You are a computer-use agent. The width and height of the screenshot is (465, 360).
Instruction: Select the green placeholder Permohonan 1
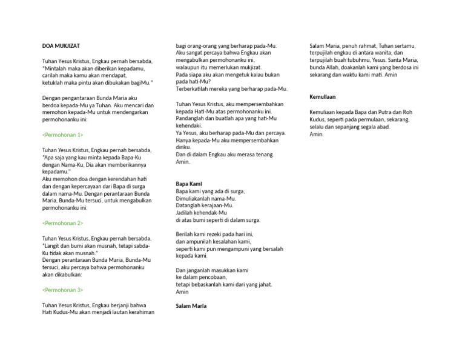[x=63, y=135]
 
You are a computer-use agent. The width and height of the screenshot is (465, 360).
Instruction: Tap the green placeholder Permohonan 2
[x=63, y=223]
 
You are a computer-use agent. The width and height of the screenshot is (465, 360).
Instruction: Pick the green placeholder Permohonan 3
[x=63, y=290]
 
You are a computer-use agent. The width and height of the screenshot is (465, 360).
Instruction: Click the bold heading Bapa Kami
[x=188, y=184]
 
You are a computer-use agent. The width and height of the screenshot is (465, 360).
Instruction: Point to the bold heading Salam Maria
[x=191, y=306]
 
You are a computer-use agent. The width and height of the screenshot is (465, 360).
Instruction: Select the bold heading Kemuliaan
[x=323, y=97]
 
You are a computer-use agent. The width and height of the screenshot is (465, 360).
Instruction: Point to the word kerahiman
[x=140, y=312]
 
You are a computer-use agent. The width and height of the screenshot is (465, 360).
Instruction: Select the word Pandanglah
[x=191, y=119]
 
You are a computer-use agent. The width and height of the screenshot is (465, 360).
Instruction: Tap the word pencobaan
[x=206, y=277]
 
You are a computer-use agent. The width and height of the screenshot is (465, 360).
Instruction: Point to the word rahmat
[x=364, y=46]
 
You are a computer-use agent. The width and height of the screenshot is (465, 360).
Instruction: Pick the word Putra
[x=377, y=112]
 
